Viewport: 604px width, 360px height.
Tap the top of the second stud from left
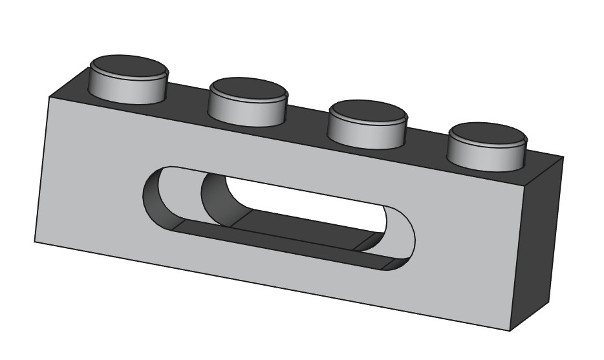click(248, 89)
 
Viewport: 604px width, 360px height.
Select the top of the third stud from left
click(367, 111)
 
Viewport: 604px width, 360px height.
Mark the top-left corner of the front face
click(50, 96)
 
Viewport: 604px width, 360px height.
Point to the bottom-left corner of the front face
click(34, 242)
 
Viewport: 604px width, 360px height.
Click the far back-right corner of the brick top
click(563, 157)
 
